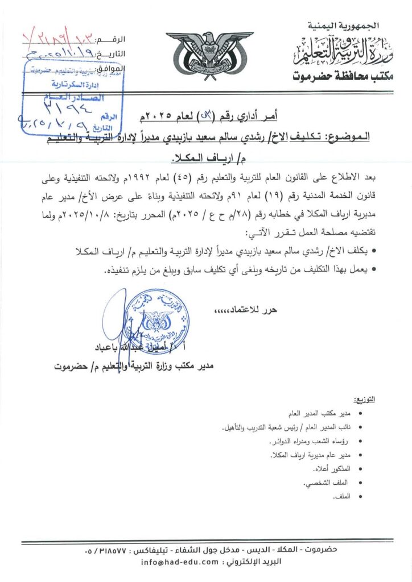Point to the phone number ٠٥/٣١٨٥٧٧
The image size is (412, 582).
pyautogui.click(x=108, y=550)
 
